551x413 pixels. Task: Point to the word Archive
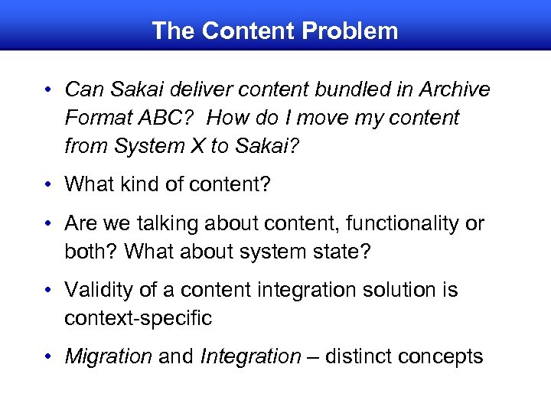pyautogui.click(x=455, y=89)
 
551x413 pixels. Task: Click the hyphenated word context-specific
pyautogui.click(x=138, y=318)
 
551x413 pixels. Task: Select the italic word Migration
pyautogui.click(x=109, y=356)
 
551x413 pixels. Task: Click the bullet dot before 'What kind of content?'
pyautogui.click(x=47, y=185)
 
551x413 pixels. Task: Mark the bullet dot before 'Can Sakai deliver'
pyautogui.click(x=47, y=90)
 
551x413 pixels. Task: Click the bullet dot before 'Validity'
pyautogui.click(x=47, y=291)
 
